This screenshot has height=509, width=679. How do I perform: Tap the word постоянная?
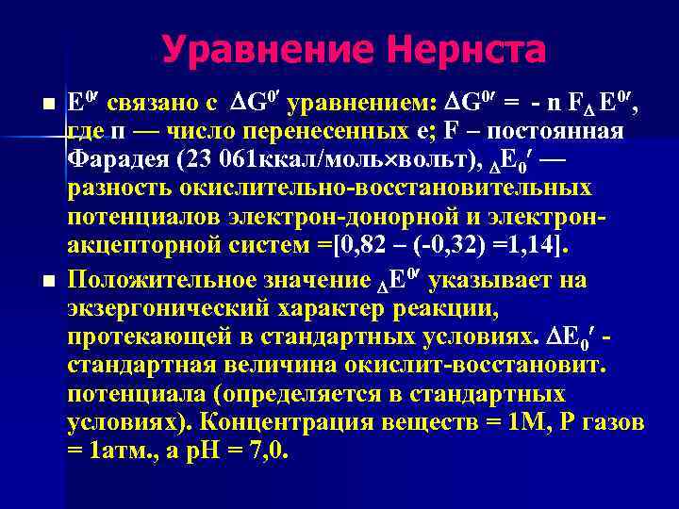555,130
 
